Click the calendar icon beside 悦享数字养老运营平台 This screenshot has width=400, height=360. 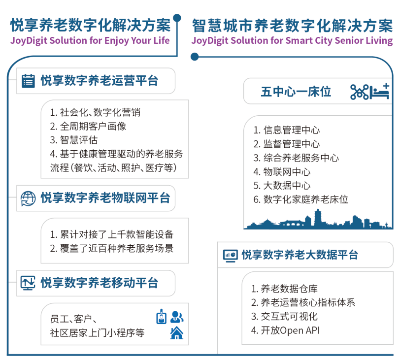28,81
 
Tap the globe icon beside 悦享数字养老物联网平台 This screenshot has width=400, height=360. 28,198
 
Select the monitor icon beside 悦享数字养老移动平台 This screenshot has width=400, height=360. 28,283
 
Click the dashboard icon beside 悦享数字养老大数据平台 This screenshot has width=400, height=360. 230,255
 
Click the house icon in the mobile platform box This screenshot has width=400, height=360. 176,333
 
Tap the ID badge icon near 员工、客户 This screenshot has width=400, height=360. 161,317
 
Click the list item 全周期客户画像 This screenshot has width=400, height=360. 88,126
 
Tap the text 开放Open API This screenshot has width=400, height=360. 285,330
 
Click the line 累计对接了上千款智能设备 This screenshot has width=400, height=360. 112,234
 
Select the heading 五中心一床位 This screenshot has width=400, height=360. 296,92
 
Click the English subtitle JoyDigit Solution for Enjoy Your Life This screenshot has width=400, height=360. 90,40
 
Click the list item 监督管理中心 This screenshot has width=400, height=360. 286,144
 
